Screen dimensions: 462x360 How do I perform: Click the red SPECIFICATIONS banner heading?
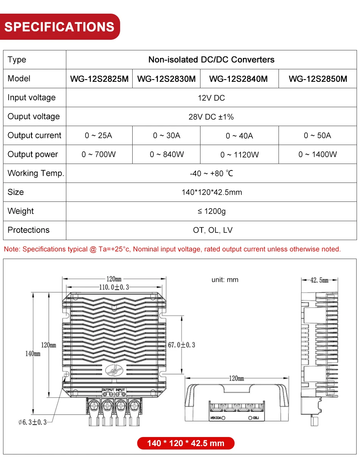(59, 27)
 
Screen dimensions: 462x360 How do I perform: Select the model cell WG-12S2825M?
(99, 79)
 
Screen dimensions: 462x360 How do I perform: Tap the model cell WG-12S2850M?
(318, 79)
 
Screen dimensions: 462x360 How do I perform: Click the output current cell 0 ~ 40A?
(239, 136)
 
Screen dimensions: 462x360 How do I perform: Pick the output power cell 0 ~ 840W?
(167, 154)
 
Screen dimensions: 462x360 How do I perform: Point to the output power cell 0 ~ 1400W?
(318, 154)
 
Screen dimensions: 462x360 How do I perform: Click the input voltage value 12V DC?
(211, 98)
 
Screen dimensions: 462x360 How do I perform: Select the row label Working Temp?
(36, 173)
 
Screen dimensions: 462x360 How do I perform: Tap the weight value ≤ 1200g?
(211, 211)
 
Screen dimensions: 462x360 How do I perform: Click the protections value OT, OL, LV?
(211, 230)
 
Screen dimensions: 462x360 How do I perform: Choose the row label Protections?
(28, 230)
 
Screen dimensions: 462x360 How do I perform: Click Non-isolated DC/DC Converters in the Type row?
(211, 59)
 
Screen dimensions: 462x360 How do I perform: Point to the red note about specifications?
(172, 249)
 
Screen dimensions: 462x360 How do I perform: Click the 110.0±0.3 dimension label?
(114, 287)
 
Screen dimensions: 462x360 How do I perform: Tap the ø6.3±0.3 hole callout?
(33, 422)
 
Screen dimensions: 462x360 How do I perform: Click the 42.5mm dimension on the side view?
(319, 280)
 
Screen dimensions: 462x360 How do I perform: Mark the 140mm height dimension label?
(33, 353)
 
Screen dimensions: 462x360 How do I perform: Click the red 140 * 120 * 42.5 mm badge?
(186, 443)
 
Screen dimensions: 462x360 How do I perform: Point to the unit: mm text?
(225, 280)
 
